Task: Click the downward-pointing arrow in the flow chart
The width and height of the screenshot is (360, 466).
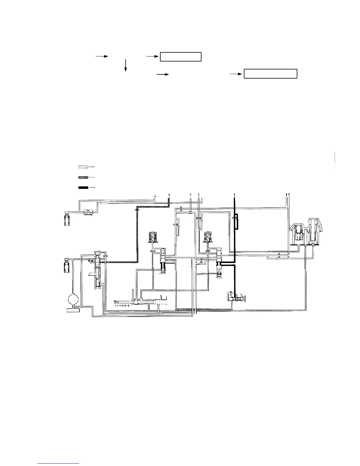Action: tap(126, 65)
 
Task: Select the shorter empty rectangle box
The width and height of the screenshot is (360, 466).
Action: tap(181, 56)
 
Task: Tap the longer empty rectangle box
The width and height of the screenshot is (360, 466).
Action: tap(271, 74)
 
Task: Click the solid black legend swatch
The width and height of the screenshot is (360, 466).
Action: tap(83, 187)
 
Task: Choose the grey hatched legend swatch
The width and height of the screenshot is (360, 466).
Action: tap(83, 178)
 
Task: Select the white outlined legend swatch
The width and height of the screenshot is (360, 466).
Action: tap(83, 167)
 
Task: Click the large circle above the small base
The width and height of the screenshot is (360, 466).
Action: tap(73, 300)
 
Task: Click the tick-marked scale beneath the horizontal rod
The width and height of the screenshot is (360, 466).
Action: tap(122, 306)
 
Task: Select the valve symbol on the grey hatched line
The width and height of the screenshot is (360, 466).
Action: tap(136, 210)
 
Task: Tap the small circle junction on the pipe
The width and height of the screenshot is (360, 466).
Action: tap(191, 212)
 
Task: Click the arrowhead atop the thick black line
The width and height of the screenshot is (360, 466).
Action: tap(234, 195)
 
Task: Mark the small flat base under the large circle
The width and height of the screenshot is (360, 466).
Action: tap(73, 310)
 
